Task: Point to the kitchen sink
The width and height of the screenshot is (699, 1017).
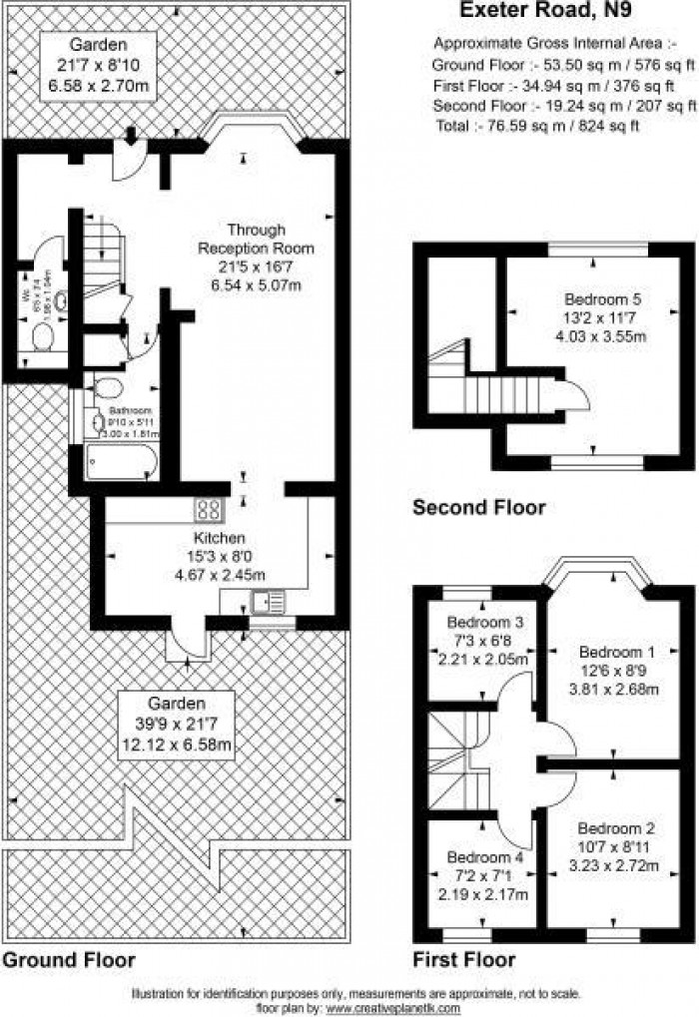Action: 269,601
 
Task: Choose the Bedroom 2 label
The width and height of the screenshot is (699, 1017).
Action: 617,828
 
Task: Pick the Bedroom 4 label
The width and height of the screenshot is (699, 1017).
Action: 484,857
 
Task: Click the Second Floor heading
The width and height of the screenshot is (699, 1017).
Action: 479,508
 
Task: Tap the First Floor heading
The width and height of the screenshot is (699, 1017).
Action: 464,960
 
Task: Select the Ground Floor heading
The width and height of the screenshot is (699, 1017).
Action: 68,960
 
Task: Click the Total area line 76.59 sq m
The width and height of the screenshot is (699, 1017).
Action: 537,126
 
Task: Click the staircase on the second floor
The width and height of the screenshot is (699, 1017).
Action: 504,385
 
